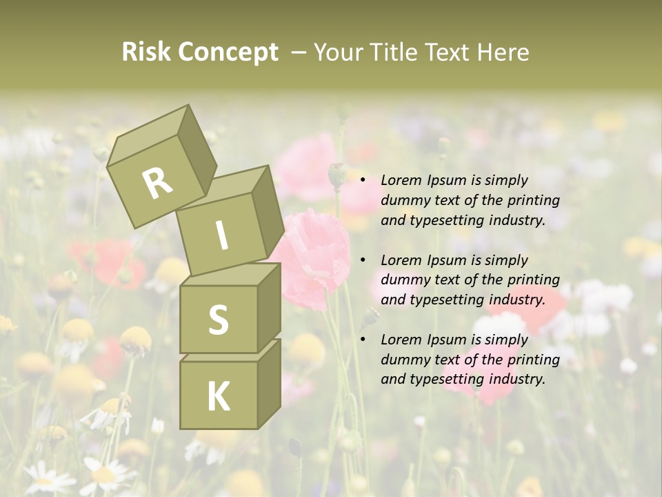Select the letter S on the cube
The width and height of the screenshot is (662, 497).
click(218, 320)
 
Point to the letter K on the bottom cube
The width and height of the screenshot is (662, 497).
click(218, 396)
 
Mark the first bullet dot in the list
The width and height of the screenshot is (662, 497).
click(363, 181)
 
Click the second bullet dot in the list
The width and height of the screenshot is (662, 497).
click(363, 261)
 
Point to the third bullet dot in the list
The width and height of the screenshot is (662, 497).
click(363, 340)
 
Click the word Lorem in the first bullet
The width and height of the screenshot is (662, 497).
click(399, 181)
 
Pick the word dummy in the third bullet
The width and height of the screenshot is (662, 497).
click(403, 360)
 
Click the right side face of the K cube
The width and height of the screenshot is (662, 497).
click(269, 383)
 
